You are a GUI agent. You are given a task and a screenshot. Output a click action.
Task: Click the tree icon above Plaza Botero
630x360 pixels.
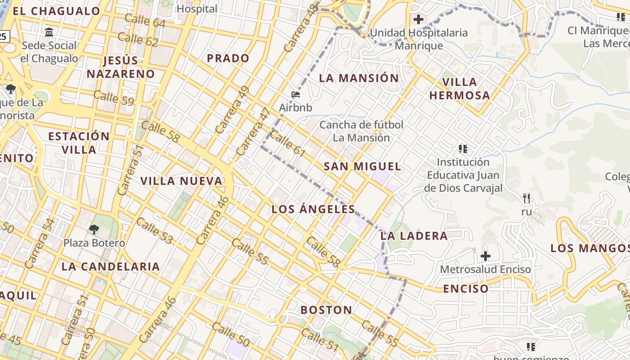[x=94, y=230]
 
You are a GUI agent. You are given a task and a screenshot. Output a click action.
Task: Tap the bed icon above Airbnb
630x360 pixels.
[x=296, y=94]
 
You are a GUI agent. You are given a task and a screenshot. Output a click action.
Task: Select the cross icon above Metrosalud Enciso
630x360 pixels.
[x=485, y=256]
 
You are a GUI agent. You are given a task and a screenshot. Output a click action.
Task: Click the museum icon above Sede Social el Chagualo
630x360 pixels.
[x=49, y=32]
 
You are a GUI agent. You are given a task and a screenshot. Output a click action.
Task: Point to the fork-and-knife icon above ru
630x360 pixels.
[x=526, y=198]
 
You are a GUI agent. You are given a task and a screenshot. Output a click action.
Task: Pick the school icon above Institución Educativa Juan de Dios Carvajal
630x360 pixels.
[x=463, y=148]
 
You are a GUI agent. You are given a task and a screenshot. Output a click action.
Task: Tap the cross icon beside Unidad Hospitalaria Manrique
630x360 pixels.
[x=418, y=19]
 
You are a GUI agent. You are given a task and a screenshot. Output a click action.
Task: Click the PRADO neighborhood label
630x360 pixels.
[x=228, y=58]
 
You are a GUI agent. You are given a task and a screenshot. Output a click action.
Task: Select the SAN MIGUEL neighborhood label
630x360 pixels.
[x=362, y=166]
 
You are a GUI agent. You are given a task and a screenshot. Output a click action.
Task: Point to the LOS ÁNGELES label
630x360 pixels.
[x=313, y=209]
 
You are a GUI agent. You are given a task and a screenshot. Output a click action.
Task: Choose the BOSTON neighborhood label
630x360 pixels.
[x=326, y=310]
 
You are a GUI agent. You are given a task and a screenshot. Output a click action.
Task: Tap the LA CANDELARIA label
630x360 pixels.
[x=111, y=266]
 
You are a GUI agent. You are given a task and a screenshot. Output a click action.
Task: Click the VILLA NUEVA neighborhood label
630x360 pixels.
[x=181, y=181]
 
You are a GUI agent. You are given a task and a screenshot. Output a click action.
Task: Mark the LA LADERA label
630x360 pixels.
[x=414, y=236]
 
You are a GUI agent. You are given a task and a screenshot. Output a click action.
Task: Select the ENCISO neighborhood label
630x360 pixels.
[x=466, y=289]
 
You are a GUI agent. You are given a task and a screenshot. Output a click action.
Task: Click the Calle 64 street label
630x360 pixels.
[x=145, y=20]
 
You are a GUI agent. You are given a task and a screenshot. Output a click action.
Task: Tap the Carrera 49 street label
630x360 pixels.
[x=232, y=110]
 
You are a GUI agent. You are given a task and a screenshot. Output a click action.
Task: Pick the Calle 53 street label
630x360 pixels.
[x=154, y=230]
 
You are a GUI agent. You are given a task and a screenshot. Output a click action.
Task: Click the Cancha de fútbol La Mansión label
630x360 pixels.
[x=361, y=131]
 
